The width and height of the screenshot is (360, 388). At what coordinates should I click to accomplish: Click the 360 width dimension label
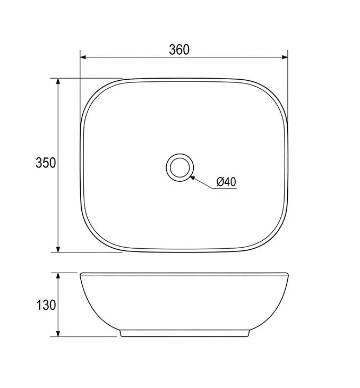(179, 49)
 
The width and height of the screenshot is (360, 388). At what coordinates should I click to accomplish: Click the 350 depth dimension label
(46, 163)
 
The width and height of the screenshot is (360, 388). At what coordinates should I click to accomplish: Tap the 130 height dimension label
(46, 305)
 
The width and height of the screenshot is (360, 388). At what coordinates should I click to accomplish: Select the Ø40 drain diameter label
(226, 182)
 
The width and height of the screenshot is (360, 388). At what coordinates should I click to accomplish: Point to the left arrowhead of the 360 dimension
(83, 57)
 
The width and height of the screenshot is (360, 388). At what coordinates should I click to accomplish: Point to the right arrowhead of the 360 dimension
(285, 57)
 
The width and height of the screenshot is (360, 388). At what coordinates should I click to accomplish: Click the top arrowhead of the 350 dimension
(58, 81)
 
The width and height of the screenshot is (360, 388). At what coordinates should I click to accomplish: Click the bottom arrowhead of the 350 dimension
(58, 249)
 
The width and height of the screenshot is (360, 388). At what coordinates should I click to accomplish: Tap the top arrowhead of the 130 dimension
(58, 276)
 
